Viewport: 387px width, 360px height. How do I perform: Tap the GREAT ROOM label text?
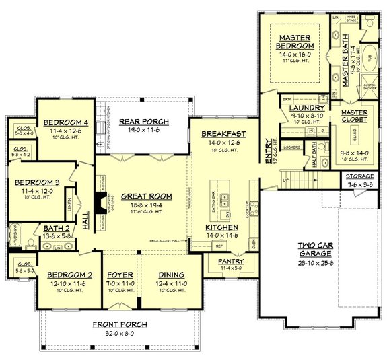point(146,196)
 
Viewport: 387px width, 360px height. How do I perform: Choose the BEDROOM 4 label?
point(65,122)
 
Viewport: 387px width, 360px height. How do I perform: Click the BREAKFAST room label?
point(223,134)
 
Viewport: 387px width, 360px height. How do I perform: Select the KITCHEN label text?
point(221,229)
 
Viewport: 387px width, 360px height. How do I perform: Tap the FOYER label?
point(121,276)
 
